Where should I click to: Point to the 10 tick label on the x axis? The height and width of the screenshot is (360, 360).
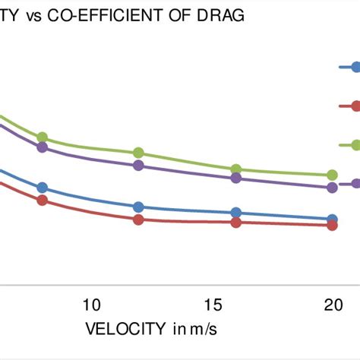tap(91, 305)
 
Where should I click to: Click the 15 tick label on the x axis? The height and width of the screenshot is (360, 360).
tap(213, 305)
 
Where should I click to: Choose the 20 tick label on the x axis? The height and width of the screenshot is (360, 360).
tap(333, 305)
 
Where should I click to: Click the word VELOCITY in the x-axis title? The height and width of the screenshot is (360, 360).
tap(125, 329)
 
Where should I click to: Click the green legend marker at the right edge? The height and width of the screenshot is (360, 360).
tap(353, 144)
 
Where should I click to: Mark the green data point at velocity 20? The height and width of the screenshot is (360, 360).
tap(332, 175)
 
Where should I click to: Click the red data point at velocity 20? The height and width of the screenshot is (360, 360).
tap(332, 225)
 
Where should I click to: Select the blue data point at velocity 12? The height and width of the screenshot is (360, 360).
tap(138, 207)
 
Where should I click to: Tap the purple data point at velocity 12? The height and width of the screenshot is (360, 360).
tap(138, 165)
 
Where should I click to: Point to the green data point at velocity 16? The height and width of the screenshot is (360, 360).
tap(236, 169)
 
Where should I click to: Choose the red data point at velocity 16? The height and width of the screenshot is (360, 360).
tap(236, 223)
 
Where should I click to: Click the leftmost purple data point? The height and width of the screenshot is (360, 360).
tap(43, 147)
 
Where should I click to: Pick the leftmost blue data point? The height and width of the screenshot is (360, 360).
tap(43, 188)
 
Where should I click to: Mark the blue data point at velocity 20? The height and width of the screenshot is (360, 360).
tap(332, 219)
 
